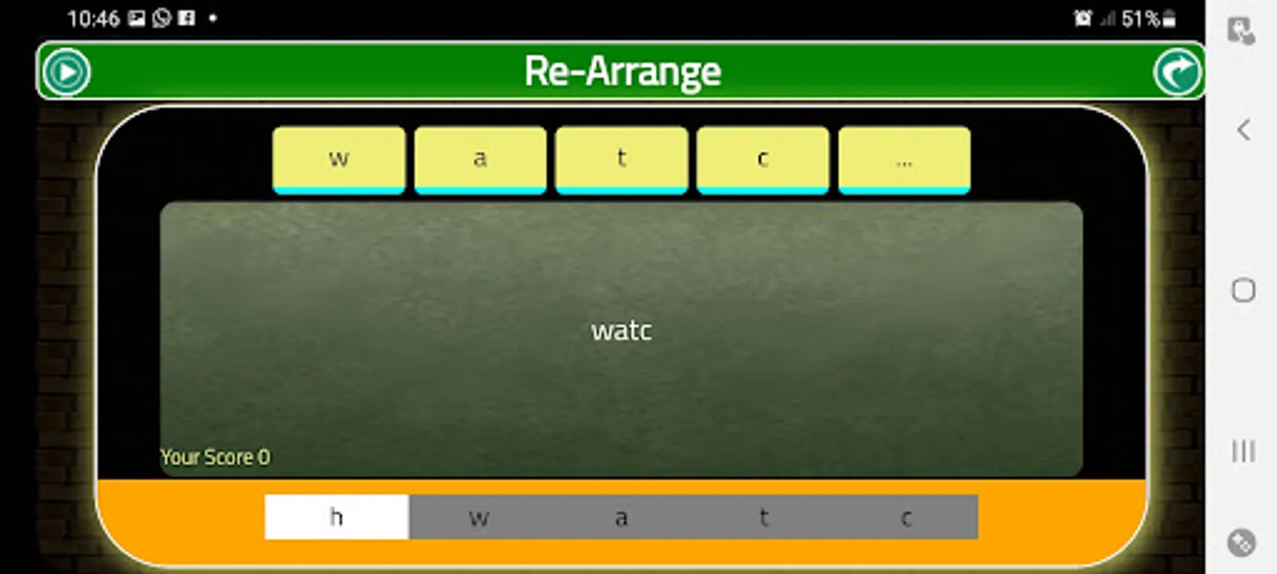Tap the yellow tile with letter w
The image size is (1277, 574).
click(339, 159)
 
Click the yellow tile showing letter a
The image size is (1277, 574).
click(480, 159)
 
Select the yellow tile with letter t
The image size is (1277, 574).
click(622, 159)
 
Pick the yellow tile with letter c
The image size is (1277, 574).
click(763, 159)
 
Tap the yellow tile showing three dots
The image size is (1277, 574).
click(904, 159)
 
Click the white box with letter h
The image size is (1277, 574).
click(337, 517)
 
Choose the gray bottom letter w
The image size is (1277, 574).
click(479, 517)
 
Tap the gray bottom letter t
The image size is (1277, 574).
click(764, 517)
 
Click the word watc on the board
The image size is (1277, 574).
click(622, 330)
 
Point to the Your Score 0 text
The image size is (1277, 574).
click(215, 457)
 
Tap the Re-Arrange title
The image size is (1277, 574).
click(622, 71)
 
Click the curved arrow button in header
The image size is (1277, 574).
click(1177, 71)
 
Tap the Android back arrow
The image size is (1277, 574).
click(1243, 130)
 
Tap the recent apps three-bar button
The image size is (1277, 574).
click(1243, 451)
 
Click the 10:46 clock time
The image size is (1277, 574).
click(94, 18)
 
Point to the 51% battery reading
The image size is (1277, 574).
click(1141, 18)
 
